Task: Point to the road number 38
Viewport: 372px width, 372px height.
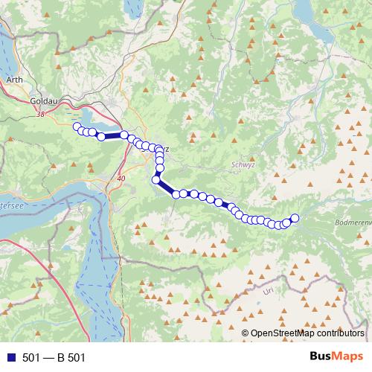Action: tap(39, 114)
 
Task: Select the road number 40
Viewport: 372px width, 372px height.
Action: tap(121, 179)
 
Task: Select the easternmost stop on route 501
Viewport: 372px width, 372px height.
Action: tap(294, 218)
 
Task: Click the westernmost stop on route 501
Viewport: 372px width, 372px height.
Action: tap(77, 127)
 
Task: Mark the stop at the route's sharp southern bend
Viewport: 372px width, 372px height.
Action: tap(156, 179)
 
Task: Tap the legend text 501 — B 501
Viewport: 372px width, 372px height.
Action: tap(54, 358)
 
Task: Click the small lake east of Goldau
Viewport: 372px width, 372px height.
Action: tap(93, 119)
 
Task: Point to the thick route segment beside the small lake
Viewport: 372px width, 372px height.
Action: tap(112, 135)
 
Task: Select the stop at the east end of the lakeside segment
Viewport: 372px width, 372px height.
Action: tap(124, 135)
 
